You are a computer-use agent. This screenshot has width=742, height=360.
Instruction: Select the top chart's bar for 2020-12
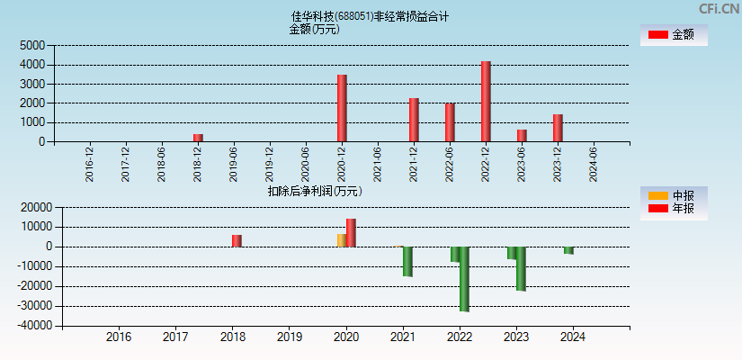point(342,108)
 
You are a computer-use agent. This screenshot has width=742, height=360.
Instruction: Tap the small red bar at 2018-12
point(198,138)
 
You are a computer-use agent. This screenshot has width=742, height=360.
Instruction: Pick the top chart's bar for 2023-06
point(522,135)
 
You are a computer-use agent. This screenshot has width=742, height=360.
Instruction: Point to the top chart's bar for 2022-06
point(450,122)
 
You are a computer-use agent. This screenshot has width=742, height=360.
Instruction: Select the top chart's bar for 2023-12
point(558,128)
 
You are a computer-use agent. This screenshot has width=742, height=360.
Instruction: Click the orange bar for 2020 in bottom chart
point(341,240)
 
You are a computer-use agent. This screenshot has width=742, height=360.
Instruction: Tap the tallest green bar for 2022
point(464,279)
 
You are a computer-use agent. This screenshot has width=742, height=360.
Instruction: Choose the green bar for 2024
point(568,250)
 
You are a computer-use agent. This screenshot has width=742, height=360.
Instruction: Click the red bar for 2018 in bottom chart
point(237,240)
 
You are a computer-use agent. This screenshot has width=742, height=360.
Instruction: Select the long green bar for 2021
point(407,261)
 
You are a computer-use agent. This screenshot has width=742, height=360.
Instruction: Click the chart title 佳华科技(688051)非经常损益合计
point(370,16)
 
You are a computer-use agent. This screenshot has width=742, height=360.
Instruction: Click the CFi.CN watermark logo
point(719,9)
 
